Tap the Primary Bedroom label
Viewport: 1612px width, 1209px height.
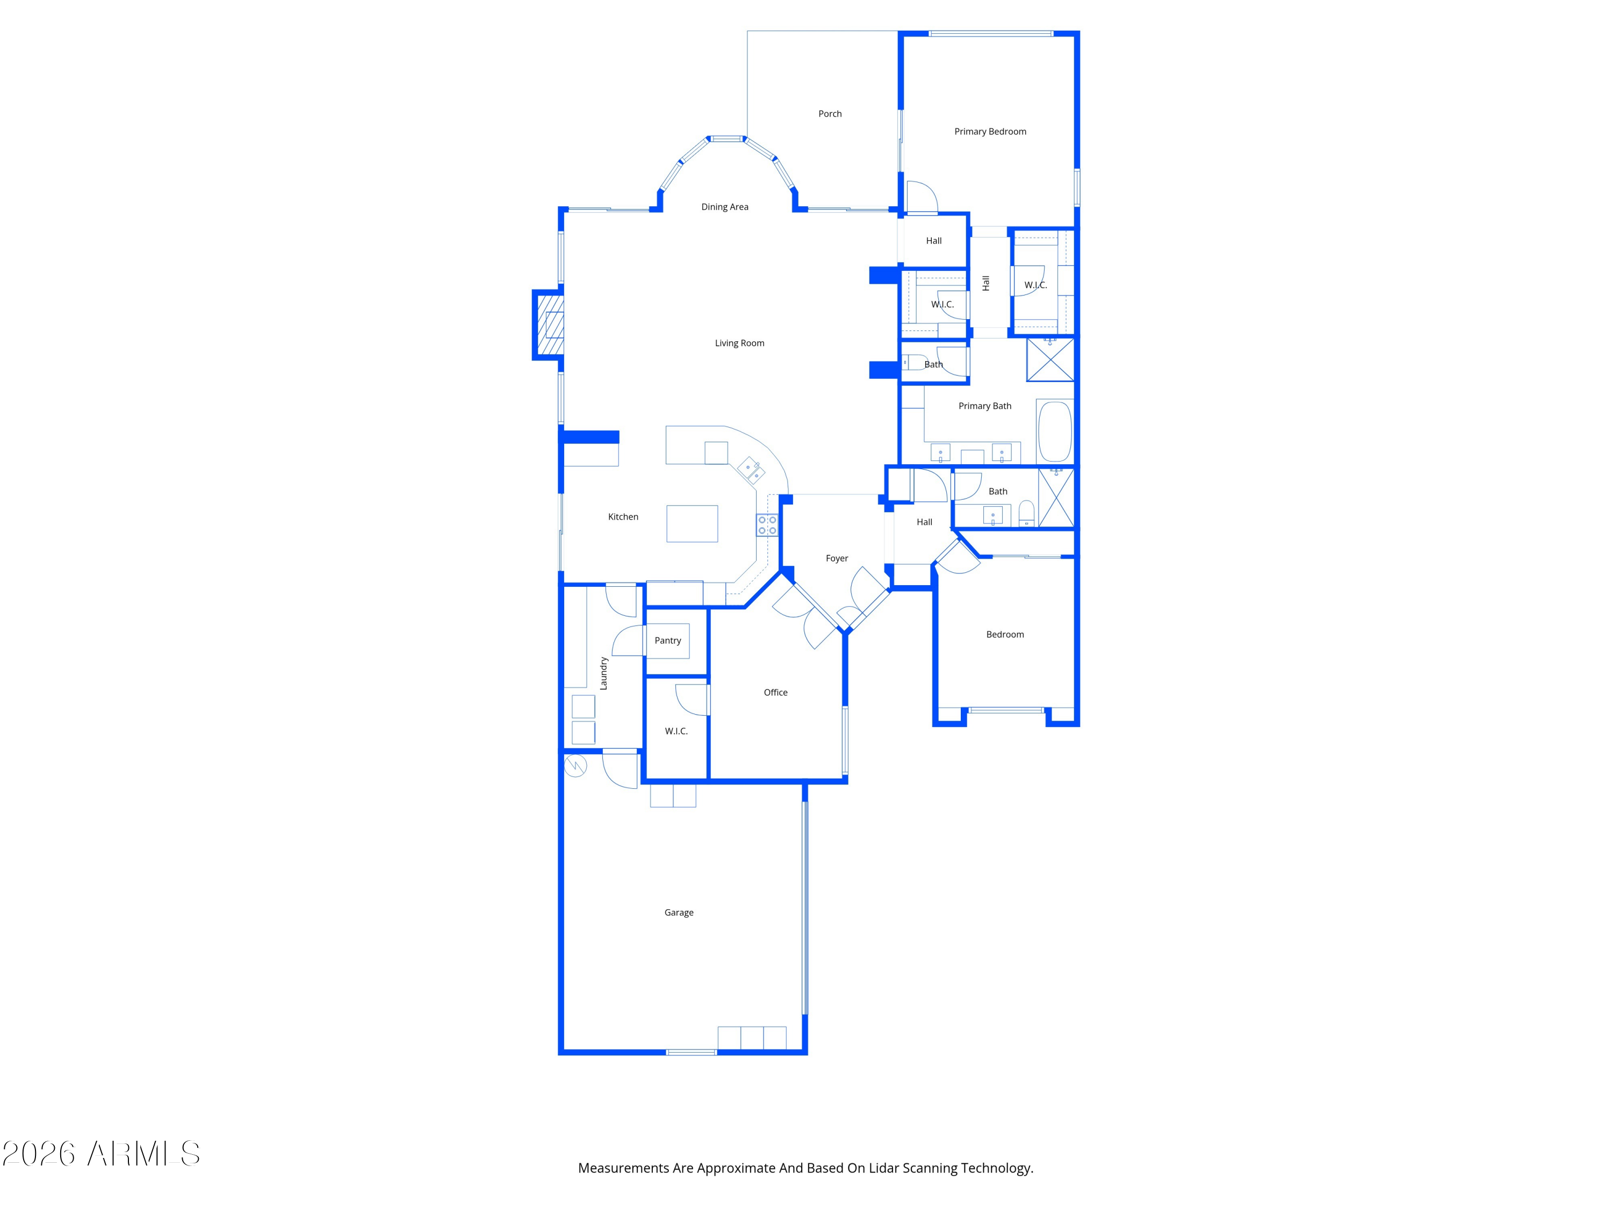(x=990, y=131)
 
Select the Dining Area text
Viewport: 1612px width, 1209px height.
(x=724, y=207)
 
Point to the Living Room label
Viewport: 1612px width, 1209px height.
(x=739, y=343)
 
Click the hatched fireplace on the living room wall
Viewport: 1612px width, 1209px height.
(x=550, y=325)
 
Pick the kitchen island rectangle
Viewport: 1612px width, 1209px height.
(x=692, y=523)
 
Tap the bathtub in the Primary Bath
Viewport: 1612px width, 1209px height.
(x=1054, y=431)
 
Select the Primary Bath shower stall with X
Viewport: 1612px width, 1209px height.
(x=1049, y=359)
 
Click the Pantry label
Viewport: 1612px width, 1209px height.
(x=667, y=641)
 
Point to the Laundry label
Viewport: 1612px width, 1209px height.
(x=603, y=673)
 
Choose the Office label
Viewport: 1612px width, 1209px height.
(x=775, y=692)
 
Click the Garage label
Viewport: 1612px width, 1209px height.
(x=679, y=912)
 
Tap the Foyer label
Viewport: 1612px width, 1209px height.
(x=837, y=558)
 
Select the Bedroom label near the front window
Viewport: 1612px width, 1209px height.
(x=1004, y=635)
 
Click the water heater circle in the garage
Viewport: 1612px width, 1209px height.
(x=575, y=766)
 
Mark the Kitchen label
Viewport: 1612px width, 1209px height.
(x=623, y=517)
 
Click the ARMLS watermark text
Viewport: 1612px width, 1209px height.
(x=143, y=1154)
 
